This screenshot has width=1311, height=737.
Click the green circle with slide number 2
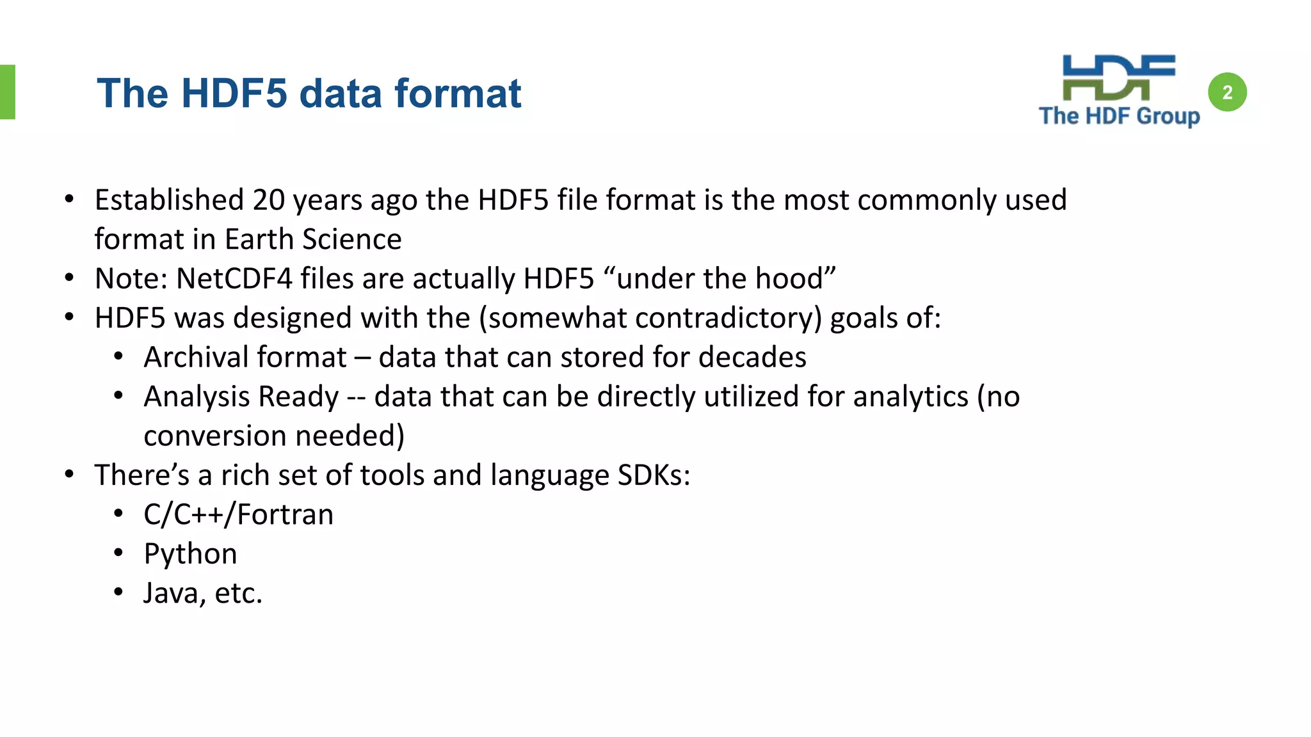click(1227, 93)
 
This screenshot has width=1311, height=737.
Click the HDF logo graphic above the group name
click(1118, 78)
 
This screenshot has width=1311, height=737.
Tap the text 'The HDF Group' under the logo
click(1119, 116)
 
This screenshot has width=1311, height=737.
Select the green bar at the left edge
click(7, 92)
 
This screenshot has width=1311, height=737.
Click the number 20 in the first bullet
click(268, 200)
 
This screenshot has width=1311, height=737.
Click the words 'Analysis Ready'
click(241, 397)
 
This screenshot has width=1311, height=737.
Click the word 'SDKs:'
click(654, 475)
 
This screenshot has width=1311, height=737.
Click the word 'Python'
click(190, 554)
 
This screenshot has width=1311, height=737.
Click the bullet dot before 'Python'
click(118, 553)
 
